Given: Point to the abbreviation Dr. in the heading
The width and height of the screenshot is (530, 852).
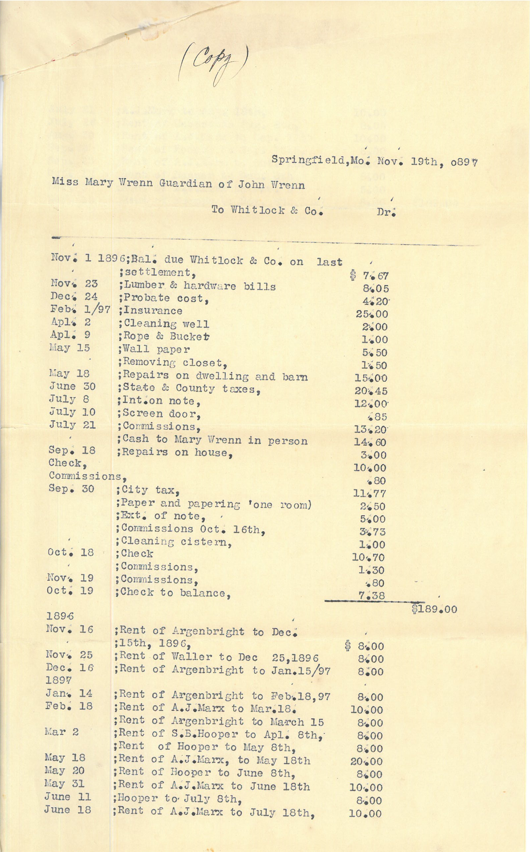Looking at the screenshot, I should tap(386, 212).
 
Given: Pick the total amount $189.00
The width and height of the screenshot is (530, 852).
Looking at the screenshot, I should tap(434, 609).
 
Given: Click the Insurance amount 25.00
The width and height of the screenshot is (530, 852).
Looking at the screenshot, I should tap(372, 314).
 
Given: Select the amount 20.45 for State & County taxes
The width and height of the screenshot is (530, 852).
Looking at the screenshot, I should tap(371, 391).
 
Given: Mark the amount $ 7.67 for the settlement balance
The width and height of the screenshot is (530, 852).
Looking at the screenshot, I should tap(369, 276).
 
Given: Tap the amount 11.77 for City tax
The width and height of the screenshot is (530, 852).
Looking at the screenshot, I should tap(370, 494).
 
